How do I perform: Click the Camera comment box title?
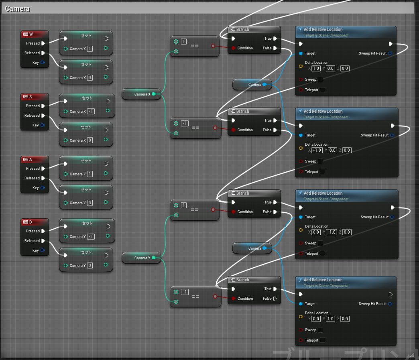coord(17,8)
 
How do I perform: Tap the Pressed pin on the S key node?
coord(43,106)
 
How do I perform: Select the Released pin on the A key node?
coord(43,178)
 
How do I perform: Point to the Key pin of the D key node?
coord(43,250)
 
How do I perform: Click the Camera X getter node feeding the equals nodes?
coord(141,94)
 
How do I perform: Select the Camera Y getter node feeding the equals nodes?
coord(141,258)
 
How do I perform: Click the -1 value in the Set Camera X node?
coord(91,112)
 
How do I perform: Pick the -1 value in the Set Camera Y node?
coord(91,237)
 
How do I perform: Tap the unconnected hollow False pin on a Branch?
coord(275,299)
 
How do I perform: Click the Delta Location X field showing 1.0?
coord(316,69)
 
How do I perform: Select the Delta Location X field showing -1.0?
coord(317,151)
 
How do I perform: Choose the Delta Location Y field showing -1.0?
coord(332,232)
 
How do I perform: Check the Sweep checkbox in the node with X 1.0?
coord(320,79)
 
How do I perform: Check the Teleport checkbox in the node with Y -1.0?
coord(322,254)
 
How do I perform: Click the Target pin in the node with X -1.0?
coord(301,135)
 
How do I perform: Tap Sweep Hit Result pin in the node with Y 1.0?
coord(390,304)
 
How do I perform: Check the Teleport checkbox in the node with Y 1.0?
coord(322,340)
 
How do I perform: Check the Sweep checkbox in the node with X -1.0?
coord(320,161)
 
